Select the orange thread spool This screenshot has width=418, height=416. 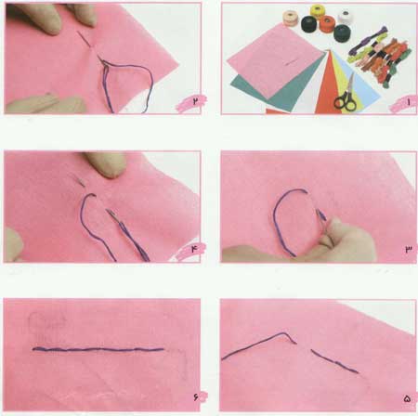tap(328, 23)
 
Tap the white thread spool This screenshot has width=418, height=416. tap(346, 17)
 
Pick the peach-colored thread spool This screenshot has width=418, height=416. tap(291, 18)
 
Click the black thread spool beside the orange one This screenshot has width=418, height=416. tap(310, 25)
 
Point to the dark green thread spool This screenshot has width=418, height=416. tap(342, 32)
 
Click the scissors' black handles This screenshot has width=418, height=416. tap(345, 103)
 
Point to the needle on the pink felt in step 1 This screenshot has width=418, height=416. tap(292, 62)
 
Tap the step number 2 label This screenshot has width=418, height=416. tap(195, 101)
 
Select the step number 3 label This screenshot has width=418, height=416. tap(409, 249)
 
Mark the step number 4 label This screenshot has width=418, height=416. tap(194, 249)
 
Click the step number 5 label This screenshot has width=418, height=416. tap(407, 399)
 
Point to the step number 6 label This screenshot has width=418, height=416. tap(195, 396)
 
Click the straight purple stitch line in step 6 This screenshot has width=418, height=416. tap(98, 350)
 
